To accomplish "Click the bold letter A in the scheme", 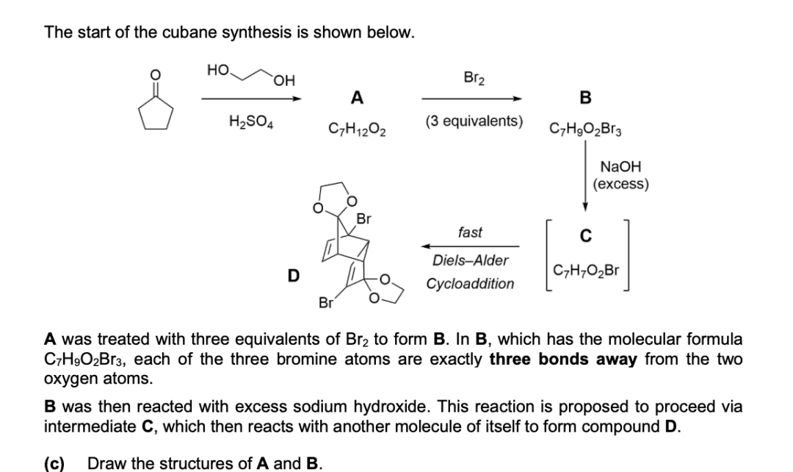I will click(356, 97).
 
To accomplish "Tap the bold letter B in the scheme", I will click(586, 97).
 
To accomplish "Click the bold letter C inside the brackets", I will click(585, 236).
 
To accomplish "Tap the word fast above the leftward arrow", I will click(469, 232).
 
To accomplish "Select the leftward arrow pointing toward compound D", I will click(470, 247).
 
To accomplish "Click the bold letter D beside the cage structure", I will click(293, 276).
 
